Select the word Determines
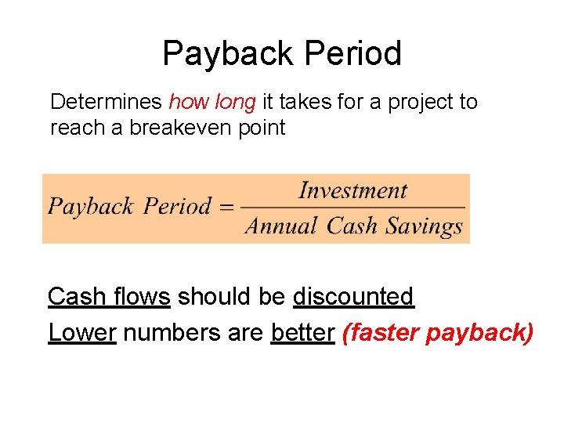click(x=106, y=102)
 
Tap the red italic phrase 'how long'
click(x=212, y=102)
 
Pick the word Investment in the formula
click(x=353, y=190)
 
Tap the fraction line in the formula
click(x=352, y=208)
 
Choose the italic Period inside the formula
click(x=178, y=208)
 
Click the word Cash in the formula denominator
click(x=352, y=227)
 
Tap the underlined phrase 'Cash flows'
click(x=109, y=297)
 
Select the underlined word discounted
click(x=352, y=297)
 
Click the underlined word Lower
click(x=82, y=333)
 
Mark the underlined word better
click(x=302, y=333)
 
